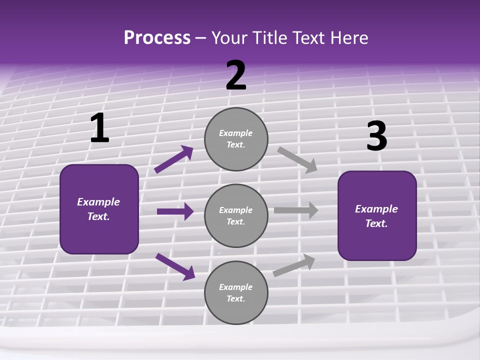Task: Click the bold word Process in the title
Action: coord(157,37)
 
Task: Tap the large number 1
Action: coord(99,128)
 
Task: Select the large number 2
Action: coord(236,75)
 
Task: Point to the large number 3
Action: coord(376,136)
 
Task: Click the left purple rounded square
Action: coord(99,209)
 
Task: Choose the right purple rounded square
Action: coord(377,215)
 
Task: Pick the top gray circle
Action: coord(236,139)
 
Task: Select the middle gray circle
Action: coord(236,215)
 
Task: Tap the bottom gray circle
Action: coord(236,292)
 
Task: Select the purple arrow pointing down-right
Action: coord(175,266)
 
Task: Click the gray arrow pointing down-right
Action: coord(297,159)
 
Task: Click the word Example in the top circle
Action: coord(236,133)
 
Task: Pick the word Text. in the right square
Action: coord(376,223)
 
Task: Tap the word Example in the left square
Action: coord(98,202)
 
